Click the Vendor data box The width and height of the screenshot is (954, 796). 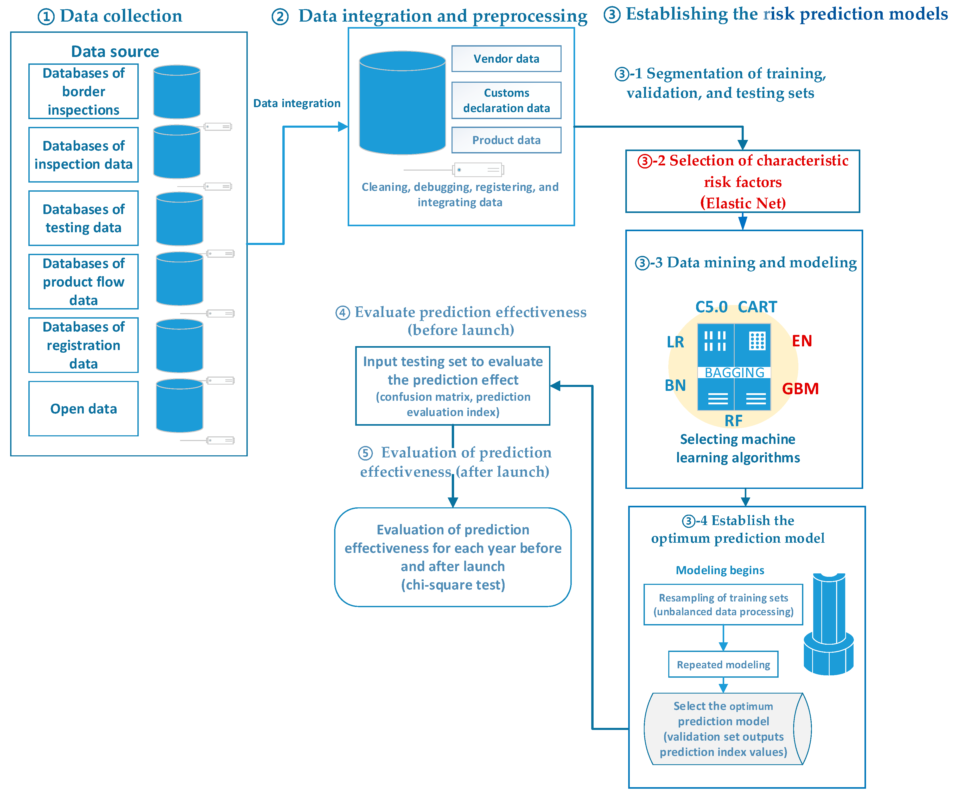coord(506,59)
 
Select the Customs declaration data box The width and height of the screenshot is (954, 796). coord(506,100)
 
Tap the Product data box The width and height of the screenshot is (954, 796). coord(506,140)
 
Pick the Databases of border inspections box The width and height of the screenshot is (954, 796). coord(84,91)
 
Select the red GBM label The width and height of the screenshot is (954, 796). coord(800,389)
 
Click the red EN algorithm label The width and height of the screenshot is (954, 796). coord(801,341)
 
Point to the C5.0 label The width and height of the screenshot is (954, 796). coord(711,307)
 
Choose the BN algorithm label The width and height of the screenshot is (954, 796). coord(675,385)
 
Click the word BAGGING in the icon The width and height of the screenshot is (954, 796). coord(734,372)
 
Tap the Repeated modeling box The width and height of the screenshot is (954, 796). coord(723,664)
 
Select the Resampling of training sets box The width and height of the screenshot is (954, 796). coord(723,604)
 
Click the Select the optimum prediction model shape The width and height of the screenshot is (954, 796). coord(723,729)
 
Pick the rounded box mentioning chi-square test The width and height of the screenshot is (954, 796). coord(453,557)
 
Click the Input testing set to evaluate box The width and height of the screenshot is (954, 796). coord(453,386)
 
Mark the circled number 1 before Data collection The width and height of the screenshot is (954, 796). coord(46,17)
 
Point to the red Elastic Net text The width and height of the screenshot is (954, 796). coord(743,203)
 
